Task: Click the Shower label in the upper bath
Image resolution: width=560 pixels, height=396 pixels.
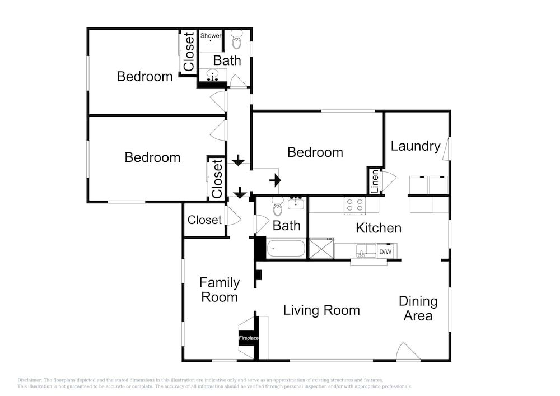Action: coord(211,35)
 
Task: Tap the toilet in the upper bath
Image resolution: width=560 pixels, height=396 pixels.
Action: coord(236,40)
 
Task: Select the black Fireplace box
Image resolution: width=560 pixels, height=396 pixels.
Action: coord(249,338)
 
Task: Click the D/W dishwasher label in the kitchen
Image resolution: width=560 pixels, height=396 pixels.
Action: coord(385,251)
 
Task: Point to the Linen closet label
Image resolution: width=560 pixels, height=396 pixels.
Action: coord(375,181)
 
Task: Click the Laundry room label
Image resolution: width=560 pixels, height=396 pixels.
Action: coord(416,146)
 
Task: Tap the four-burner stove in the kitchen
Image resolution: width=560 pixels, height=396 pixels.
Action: coord(355,206)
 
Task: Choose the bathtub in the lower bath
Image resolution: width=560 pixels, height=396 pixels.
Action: coord(286,248)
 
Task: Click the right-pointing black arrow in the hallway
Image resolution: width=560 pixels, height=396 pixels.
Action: coord(275,180)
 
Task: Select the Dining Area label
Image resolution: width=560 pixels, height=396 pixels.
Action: coord(418,308)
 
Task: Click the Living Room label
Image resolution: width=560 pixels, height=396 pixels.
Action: coord(321,310)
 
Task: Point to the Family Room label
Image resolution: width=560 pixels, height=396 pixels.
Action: coord(220,290)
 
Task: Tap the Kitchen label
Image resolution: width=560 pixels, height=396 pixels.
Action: coord(379,228)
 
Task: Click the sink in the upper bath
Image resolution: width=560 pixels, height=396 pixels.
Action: coord(213,76)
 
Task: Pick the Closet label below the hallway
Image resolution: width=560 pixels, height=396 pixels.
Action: coord(204,220)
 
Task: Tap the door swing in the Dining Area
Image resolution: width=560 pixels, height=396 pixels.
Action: coord(408,351)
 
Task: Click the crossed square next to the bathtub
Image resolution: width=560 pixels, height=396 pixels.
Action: coord(321,249)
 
